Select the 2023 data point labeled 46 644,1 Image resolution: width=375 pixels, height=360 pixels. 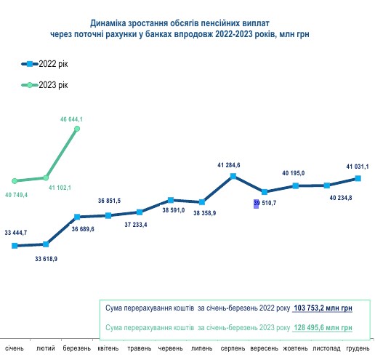[77, 129]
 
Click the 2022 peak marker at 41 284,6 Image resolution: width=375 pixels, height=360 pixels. [233, 175]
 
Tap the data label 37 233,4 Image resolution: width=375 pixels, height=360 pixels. [135, 225]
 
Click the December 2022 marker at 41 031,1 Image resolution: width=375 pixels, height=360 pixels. [358, 178]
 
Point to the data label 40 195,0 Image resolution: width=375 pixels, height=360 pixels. [294, 173]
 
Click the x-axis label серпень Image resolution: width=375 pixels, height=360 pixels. [233, 350]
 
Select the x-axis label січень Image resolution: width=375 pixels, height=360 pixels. [15, 350]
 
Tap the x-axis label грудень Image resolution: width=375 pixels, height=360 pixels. [357, 350]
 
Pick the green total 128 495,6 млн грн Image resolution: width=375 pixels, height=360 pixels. [324, 329]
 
